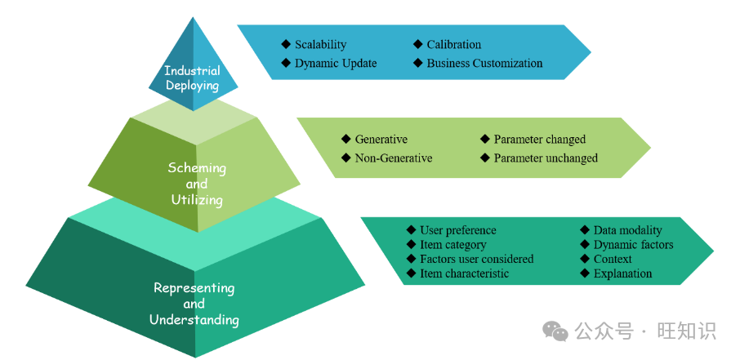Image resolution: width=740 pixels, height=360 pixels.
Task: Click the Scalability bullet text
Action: pos(320,45)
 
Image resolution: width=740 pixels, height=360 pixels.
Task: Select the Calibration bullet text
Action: pos(453,45)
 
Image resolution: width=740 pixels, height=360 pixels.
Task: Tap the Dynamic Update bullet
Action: pos(336,63)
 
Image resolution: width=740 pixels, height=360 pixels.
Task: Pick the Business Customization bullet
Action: pos(484,63)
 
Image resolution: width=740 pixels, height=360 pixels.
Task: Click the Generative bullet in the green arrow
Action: pos(381,140)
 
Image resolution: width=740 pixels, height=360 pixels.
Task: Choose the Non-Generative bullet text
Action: pos(393,158)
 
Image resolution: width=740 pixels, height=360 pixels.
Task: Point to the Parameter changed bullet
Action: pos(539,140)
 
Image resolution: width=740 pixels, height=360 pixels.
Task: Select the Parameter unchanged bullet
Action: pos(546,158)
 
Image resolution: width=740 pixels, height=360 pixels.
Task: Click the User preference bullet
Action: pos(457,230)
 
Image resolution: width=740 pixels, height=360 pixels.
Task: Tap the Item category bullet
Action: pos(452,245)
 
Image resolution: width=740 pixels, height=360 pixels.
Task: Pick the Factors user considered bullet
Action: pos(476,259)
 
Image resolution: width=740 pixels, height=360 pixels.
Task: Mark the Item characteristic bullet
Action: pos(464,273)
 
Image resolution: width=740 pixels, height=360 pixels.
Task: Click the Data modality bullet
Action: pos(627,230)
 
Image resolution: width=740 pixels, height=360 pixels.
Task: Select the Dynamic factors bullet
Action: pos(633,245)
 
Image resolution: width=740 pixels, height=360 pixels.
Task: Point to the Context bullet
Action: pos(613,259)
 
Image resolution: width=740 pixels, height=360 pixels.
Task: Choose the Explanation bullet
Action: pos(622,273)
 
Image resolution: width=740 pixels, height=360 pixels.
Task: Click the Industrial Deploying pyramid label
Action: pos(192,78)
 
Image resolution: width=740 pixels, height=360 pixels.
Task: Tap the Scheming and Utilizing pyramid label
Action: pos(197,184)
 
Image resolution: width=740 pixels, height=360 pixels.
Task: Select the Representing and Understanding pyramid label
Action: pos(194,304)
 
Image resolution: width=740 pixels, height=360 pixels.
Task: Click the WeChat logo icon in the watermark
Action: pos(556,331)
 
